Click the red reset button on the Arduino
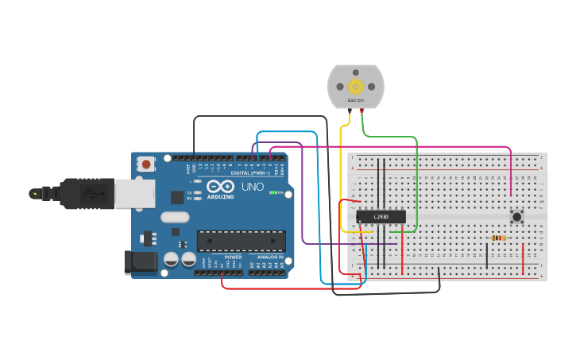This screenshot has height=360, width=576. [x=146, y=165]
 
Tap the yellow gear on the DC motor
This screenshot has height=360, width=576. [x=355, y=86]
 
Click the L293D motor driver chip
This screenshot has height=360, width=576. [x=381, y=216]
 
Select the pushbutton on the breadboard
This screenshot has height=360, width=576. [x=517, y=216]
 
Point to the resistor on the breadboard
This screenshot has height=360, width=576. [x=499, y=238]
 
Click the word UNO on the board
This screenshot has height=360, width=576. [x=252, y=188]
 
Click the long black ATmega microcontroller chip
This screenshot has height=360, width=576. [x=241, y=239]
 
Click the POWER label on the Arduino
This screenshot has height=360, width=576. [x=233, y=257]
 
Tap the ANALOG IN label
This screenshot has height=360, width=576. [x=269, y=257]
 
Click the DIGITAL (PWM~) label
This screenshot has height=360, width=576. [x=249, y=172]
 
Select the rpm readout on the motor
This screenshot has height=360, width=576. [x=355, y=101]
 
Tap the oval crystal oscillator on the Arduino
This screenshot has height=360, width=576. [x=176, y=217]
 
